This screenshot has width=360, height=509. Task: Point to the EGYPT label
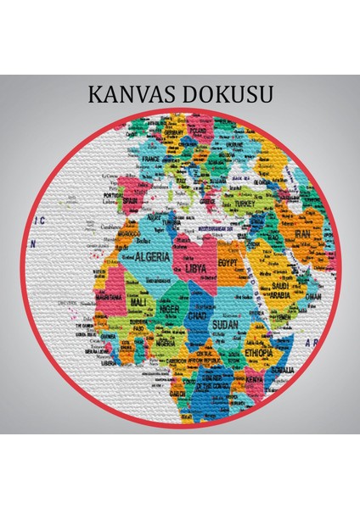233,263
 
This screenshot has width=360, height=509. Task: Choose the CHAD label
198,316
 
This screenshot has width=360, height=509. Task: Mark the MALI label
138,301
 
